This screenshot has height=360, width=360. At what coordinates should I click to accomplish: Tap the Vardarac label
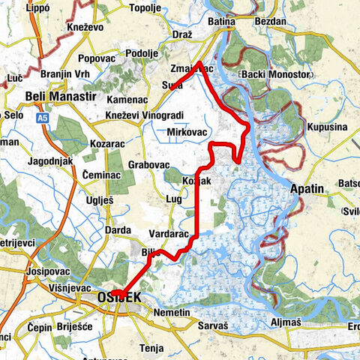[x=169, y=233]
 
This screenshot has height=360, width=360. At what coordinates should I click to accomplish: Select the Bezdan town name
[x=272, y=22]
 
